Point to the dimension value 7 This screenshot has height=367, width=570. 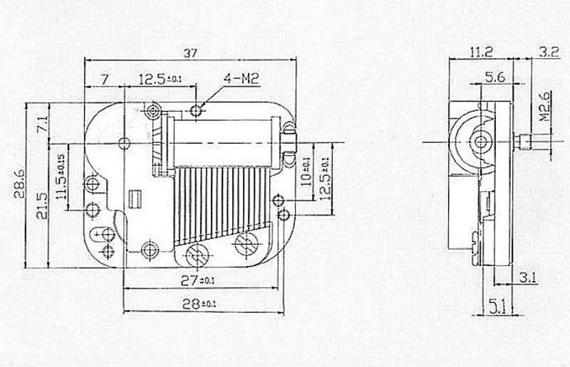tap(105, 78)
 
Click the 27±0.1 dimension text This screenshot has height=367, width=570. tap(197, 280)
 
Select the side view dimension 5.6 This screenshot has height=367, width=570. tap(495, 77)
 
